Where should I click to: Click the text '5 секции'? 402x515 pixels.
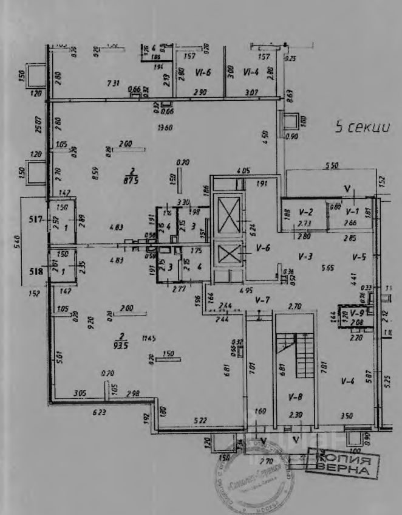coord(362,128)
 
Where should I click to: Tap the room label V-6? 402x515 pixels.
coord(262,247)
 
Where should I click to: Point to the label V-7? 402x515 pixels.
coord(262,300)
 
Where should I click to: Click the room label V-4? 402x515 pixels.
coord(347,381)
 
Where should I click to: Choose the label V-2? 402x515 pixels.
coord(305,212)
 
